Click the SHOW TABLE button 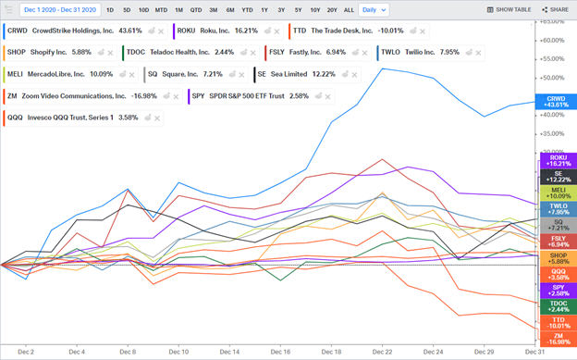(x=509, y=9)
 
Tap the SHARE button (x=555, y=9)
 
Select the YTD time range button (x=247, y=9)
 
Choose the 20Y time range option (x=331, y=9)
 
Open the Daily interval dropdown (x=374, y=9)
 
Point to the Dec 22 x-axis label (x=381, y=353)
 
